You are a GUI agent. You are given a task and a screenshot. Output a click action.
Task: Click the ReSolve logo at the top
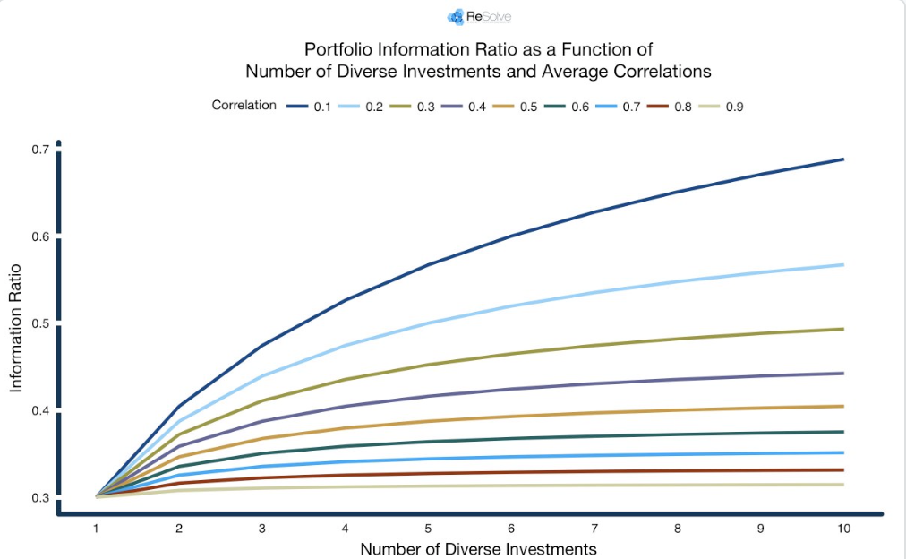[x=479, y=16]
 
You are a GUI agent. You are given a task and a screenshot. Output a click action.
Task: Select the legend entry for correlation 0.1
[x=309, y=107]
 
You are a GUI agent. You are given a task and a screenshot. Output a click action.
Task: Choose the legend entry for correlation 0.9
[x=722, y=107]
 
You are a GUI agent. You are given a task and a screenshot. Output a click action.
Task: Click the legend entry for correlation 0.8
[x=670, y=107]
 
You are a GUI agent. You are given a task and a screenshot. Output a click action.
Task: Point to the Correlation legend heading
[x=244, y=106]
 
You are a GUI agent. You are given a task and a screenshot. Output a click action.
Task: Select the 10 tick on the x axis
[x=842, y=529]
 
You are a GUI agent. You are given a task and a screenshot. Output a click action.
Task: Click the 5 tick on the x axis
[x=428, y=529]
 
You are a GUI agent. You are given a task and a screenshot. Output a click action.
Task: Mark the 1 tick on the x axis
[x=96, y=529]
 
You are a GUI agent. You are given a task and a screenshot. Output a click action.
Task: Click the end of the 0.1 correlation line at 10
[x=842, y=159]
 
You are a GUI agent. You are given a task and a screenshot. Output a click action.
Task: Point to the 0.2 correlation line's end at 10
[x=842, y=264]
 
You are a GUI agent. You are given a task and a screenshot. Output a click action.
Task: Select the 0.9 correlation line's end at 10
[x=842, y=485]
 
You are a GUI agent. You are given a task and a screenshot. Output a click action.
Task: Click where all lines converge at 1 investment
[x=96, y=495]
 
